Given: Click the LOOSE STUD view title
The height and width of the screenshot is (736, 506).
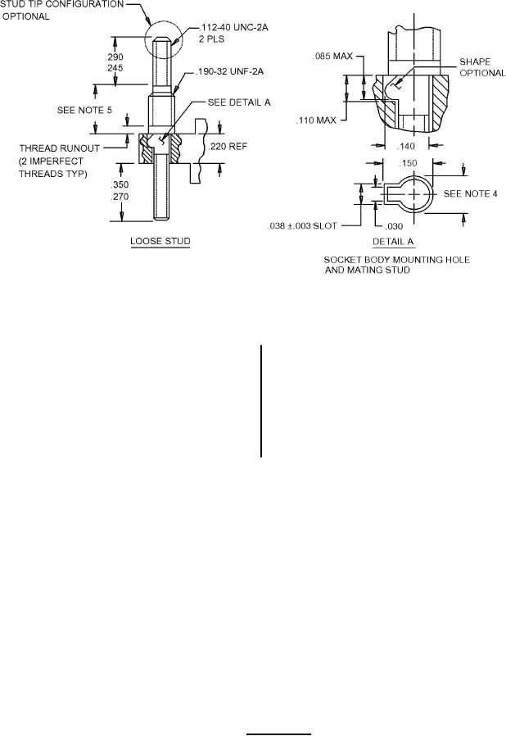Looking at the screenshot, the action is [x=160, y=241].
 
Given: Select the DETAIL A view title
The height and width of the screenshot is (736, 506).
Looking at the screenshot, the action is [x=393, y=242].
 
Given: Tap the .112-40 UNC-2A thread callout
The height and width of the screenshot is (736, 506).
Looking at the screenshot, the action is [x=233, y=28].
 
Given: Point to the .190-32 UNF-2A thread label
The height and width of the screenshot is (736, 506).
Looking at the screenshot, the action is [x=229, y=71].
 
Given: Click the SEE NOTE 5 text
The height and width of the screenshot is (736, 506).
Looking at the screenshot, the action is [x=84, y=110].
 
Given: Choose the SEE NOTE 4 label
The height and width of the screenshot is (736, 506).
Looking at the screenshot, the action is [x=470, y=193].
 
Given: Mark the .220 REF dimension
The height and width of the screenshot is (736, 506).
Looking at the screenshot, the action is [x=227, y=147].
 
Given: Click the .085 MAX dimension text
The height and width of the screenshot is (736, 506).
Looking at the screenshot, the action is [x=332, y=57].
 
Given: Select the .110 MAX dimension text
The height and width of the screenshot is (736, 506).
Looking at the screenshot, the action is [x=316, y=120].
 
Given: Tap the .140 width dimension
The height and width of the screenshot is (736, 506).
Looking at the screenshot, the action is [x=406, y=146].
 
